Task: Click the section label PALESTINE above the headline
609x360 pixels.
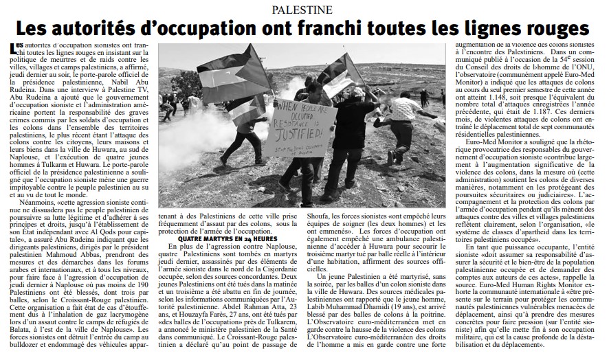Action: pyautogui.click(x=303, y=9)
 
